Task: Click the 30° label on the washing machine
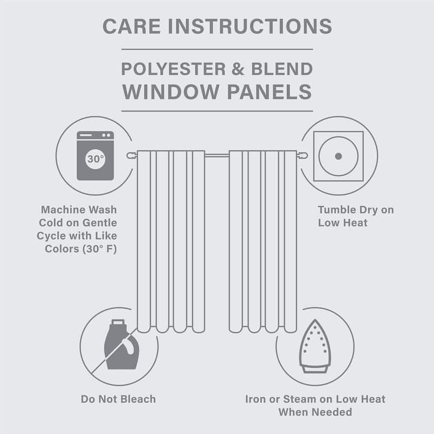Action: coord(95,159)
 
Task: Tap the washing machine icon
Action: coord(95,155)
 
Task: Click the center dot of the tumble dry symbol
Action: coord(338,156)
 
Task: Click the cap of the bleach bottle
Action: coord(117,324)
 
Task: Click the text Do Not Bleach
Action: coord(118,399)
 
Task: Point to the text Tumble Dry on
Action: coord(355,209)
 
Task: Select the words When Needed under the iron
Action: coord(315,412)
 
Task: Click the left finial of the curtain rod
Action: coord(130,156)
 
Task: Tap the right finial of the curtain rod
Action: coord(303,156)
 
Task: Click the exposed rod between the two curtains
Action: coord(217,156)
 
